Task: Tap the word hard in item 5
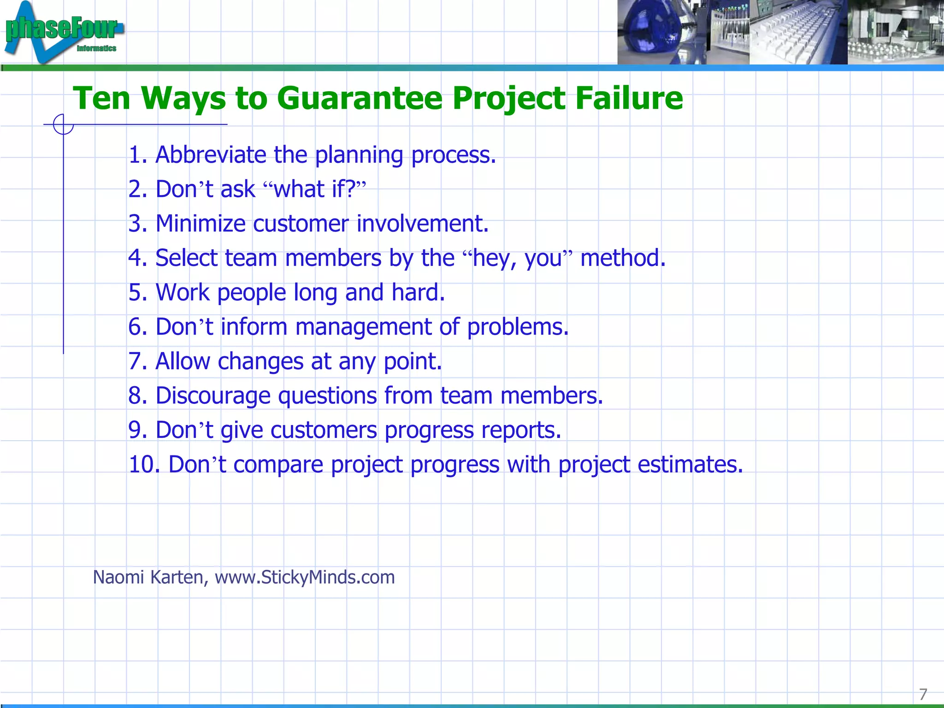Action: click(x=418, y=293)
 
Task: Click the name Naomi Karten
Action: click(x=148, y=578)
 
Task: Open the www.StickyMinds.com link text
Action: click(x=305, y=578)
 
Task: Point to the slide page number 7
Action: click(x=923, y=694)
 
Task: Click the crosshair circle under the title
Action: click(x=63, y=124)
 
